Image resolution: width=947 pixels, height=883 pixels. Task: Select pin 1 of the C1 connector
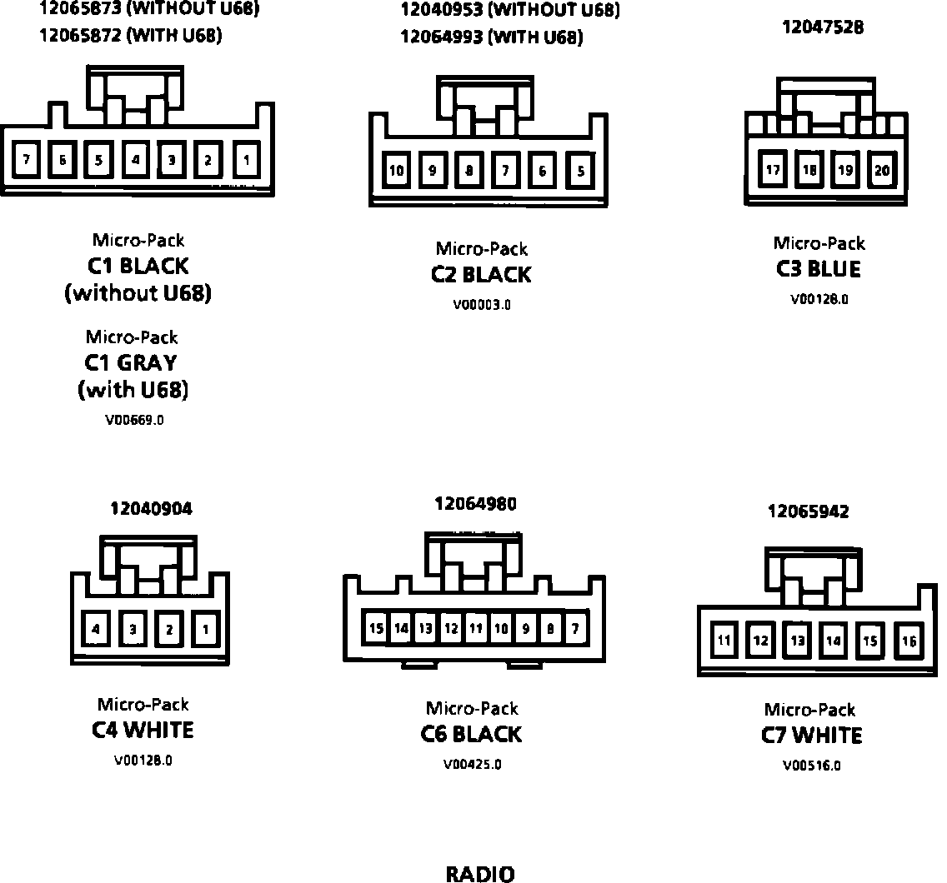[246, 158]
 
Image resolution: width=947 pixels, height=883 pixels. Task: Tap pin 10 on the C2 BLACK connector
[397, 171]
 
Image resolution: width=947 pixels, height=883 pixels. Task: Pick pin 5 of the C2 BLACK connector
[581, 171]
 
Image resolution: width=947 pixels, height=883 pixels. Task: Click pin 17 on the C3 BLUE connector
[773, 170]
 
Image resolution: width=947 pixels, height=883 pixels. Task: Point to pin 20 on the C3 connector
[882, 170]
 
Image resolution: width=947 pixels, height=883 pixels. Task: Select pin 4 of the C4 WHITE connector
[96, 630]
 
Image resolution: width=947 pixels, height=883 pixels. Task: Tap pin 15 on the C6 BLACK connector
[376, 628]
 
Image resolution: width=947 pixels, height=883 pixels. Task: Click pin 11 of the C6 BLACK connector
[475, 628]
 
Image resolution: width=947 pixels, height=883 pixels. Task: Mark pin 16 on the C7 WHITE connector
[909, 641]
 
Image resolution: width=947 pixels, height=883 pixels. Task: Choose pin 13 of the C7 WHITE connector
[798, 641]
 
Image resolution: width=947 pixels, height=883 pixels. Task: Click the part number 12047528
[822, 27]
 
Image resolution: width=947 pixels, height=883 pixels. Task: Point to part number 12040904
[151, 508]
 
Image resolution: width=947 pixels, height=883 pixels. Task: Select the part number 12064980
[475, 503]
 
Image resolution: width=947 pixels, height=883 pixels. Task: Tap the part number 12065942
[808, 511]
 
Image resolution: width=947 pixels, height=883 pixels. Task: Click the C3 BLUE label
[818, 269]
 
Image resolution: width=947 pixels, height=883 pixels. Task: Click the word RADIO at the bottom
[480, 874]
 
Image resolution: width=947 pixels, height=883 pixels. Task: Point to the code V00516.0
[811, 766]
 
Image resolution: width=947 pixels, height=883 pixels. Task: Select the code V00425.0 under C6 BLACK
[473, 765]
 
